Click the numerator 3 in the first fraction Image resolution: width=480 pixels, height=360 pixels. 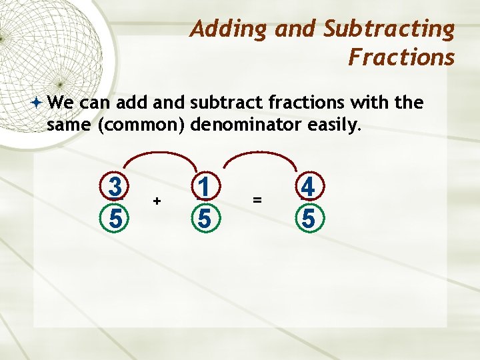[116, 187]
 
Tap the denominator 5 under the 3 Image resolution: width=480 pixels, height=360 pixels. [116, 217]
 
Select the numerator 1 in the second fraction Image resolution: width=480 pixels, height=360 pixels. [205, 187]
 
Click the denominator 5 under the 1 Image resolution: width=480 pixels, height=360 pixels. [205, 217]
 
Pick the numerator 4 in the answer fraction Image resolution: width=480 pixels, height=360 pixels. [307, 187]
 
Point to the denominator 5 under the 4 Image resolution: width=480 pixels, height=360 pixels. [307, 217]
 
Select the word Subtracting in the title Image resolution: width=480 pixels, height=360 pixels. [389, 30]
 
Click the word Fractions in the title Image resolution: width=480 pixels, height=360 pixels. [401, 58]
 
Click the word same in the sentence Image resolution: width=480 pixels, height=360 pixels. [69, 123]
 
